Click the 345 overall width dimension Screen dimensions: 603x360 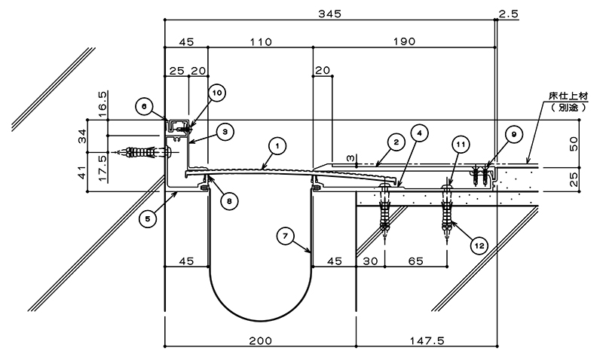pos(329,14)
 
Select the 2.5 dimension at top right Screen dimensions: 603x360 pos(509,14)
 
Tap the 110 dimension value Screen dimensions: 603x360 pos(261,41)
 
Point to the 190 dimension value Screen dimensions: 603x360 pos(404,41)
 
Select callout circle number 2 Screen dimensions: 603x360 pos(396,142)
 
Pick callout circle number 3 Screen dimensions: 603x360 pos(225,132)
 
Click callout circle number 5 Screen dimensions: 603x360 pos(148,219)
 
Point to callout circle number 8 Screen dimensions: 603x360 pos(229,200)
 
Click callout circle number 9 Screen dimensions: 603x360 pos(514,134)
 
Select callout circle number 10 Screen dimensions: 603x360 pos(216,93)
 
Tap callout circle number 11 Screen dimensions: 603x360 pos(461,145)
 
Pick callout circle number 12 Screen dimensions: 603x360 pos(479,246)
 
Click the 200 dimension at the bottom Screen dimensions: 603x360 pos(260,340)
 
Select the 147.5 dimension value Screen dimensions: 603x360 pos(427,340)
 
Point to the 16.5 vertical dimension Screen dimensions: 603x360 pos(103,102)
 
